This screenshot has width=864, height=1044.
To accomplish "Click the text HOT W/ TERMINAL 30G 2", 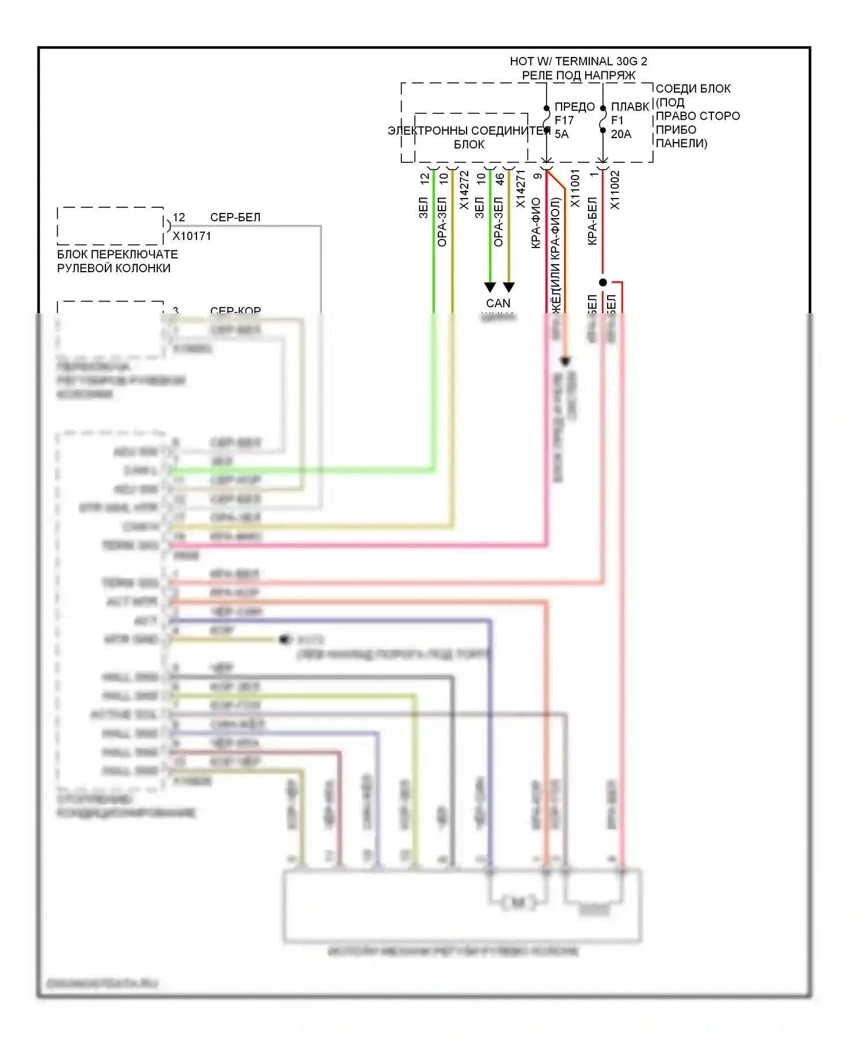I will (578, 61).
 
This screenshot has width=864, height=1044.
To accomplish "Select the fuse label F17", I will (564, 120).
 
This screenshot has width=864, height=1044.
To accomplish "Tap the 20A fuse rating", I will (621, 134).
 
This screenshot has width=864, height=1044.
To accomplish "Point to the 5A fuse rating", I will (562, 134).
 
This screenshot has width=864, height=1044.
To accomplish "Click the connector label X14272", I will (464, 190).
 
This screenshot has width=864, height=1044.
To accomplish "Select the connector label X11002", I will (615, 190).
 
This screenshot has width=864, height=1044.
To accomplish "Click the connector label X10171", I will (192, 236).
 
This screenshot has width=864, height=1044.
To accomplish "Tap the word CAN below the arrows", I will (498, 303).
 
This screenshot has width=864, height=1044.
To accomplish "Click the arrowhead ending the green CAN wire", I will (490, 287).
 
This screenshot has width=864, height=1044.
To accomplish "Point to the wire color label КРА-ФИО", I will (536, 223).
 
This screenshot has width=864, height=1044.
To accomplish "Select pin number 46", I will (501, 179).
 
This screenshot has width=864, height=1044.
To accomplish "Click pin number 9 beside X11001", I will (538, 176).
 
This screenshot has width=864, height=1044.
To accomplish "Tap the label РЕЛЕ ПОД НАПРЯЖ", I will (578, 75).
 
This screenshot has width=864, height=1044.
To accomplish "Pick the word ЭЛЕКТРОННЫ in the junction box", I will (428, 131).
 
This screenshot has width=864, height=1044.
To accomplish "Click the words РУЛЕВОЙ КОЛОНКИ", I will (113, 268).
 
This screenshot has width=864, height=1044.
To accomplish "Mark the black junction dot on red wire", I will (602, 283).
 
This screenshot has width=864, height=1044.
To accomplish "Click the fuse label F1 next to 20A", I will (617, 120).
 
